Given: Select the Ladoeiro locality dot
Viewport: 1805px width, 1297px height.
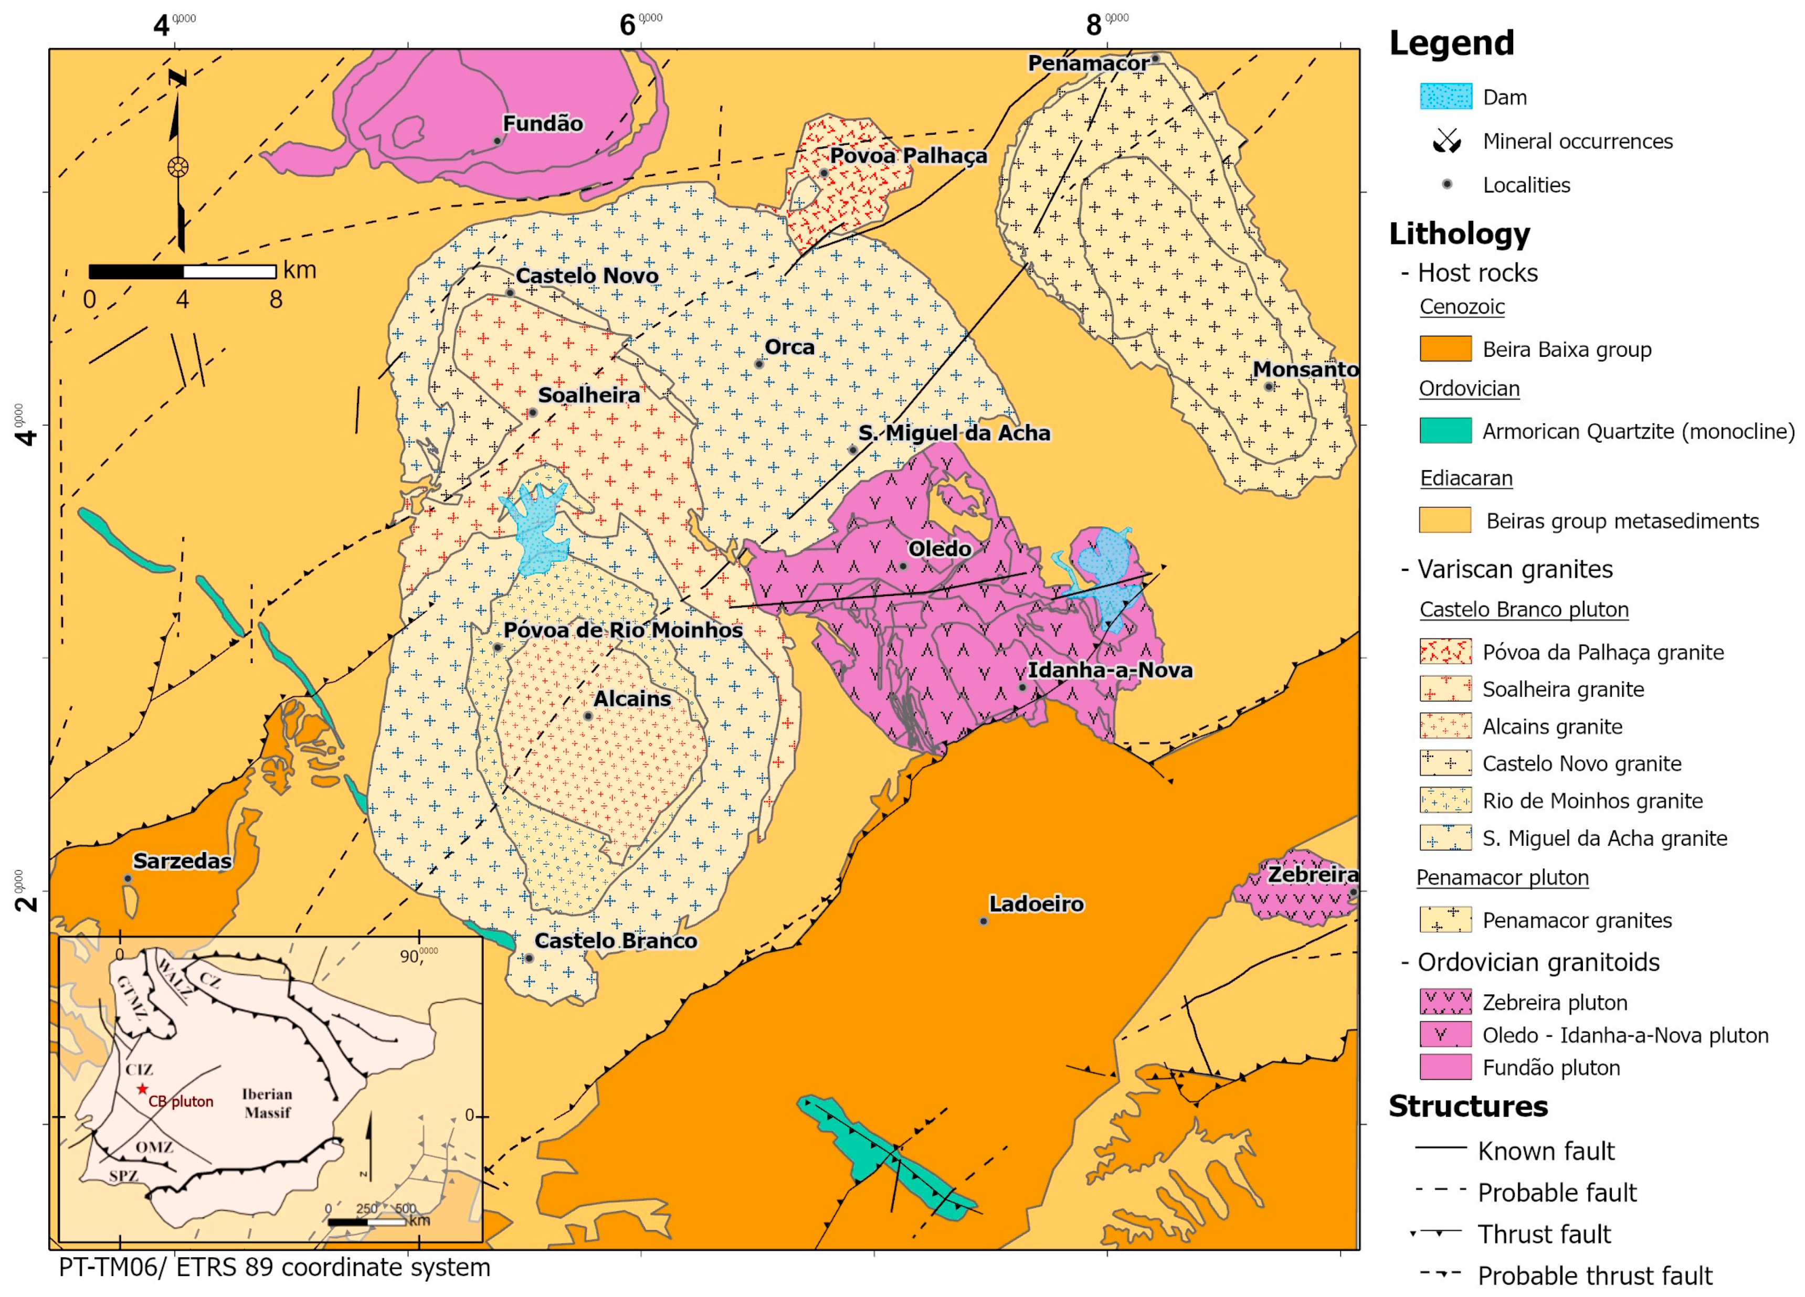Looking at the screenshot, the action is click(984, 921).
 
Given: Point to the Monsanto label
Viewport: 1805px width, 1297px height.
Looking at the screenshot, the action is click(1305, 369).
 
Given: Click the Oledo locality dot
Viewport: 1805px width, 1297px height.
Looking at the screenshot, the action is click(903, 567).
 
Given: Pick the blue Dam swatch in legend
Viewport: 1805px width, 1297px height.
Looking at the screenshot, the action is click(1445, 97).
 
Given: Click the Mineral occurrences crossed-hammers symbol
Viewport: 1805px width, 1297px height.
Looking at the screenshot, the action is click(1447, 141).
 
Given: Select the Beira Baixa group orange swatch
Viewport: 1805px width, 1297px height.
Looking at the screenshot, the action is click(1445, 348).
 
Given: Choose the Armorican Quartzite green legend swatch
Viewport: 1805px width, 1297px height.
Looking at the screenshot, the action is click(1445, 430).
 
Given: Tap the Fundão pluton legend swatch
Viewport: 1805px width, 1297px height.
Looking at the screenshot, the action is click(1445, 1067).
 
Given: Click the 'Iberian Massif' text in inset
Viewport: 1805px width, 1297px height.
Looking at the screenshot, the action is click(267, 1103).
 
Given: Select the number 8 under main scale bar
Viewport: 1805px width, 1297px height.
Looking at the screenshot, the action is click(276, 300).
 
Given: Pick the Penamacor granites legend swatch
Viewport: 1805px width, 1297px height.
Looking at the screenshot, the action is click(1445, 920).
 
